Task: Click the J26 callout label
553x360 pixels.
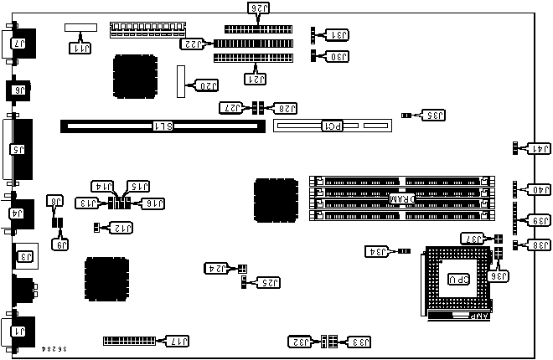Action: (257, 8)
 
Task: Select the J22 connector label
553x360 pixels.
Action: (194, 44)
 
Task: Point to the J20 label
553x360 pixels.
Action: (205, 85)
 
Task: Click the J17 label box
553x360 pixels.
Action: (179, 342)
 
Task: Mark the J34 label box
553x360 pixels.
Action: (377, 250)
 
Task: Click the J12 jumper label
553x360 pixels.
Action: (123, 227)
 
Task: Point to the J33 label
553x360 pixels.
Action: (356, 342)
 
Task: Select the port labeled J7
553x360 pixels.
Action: (18, 42)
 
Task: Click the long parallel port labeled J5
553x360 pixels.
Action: (18, 151)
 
